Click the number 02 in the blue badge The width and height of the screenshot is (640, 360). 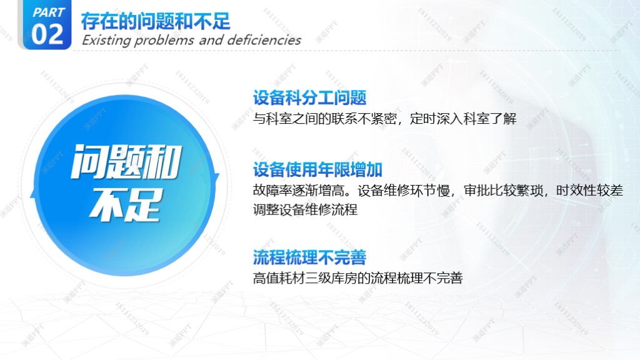(47, 34)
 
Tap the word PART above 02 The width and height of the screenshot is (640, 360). (49, 12)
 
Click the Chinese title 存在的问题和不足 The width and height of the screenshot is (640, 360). (156, 21)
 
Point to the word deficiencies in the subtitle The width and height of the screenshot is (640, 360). (264, 40)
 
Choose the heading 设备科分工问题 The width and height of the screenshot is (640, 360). (310, 97)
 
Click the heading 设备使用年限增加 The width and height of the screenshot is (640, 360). (317, 169)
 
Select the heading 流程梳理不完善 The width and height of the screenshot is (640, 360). (310, 257)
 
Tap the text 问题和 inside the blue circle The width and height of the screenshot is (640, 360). (126, 162)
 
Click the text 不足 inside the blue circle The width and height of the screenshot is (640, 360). (124, 205)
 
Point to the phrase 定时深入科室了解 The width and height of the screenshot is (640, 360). (463, 118)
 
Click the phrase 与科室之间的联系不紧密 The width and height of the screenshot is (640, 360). (325, 118)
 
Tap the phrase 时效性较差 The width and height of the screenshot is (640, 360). (589, 190)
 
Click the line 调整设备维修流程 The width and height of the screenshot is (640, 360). (305, 210)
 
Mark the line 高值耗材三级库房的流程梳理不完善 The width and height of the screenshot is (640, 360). (358, 278)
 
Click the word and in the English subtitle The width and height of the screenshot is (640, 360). (211, 40)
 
